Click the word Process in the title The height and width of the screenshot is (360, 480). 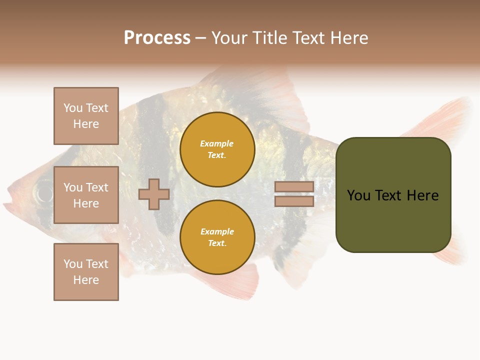pyautogui.click(x=157, y=38)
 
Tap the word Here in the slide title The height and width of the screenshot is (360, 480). pyautogui.click(x=347, y=38)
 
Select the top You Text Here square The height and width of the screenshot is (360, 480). pyautogui.click(x=86, y=116)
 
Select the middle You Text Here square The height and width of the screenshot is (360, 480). pyautogui.click(x=86, y=195)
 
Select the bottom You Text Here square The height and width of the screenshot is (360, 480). pyautogui.click(x=86, y=272)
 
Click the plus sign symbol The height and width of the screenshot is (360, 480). pyautogui.click(x=154, y=194)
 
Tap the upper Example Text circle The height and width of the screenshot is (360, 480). pyautogui.click(x=217, y=149)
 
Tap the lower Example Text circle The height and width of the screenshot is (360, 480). pyautogui.click(x=217, y=237)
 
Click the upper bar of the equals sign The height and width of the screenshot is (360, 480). pyautogui.click(x=294, y=187)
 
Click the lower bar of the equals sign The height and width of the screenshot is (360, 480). pyautogui.click(x=294, y=201)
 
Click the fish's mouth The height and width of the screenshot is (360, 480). pyautogui.click(x=8, y=203)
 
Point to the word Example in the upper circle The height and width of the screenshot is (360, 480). pyautogui.click(x=217, y=143)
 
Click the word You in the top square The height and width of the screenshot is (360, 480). pyautogui.click(x=73, y=108)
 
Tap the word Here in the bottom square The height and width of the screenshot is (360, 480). pyautogui.click(x=86, y=280)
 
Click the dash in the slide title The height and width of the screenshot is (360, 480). pyautogui.click(x=200, y=38)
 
